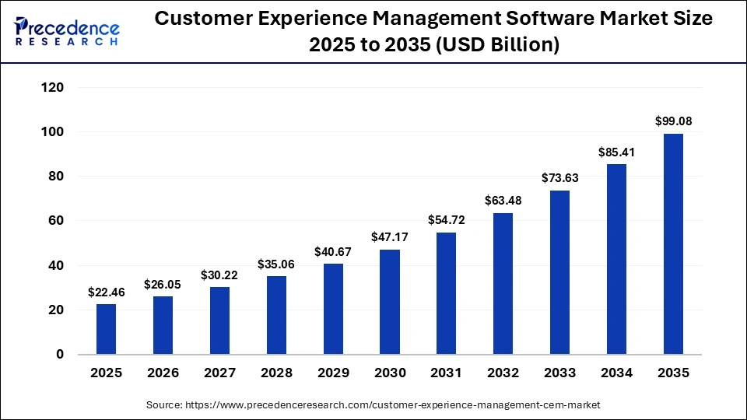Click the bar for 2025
pos(106,329)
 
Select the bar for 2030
pos(390,302)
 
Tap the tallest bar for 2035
pos(673,244)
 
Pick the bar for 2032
pos(503,284)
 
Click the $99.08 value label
pos(673,121)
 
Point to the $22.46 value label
pos(106,292)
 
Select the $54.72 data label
pos(447,220)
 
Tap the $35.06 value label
pos(276,264)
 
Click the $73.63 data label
pos(560,178)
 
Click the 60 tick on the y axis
pos(55,221)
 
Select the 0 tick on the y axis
pos(59,355)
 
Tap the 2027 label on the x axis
pos(219,373)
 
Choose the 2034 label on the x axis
pos(616,373)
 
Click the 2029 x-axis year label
pos(333,373)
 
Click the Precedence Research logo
pos(67,30)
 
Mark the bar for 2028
pos(276,315)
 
